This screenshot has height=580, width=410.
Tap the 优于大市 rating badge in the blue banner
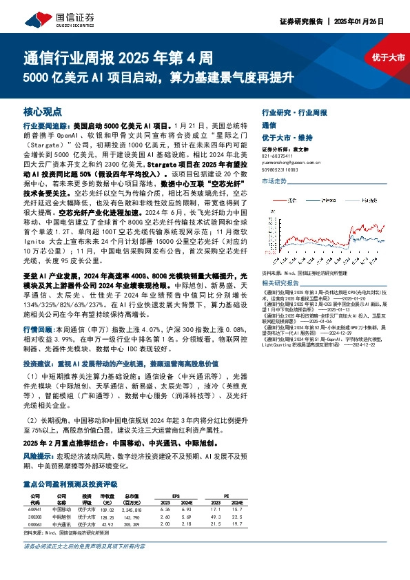[x=388, y=58]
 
